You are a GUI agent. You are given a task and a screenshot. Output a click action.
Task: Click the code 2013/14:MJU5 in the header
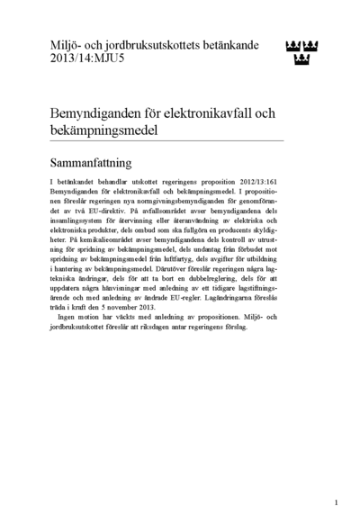tap(80, 58)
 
